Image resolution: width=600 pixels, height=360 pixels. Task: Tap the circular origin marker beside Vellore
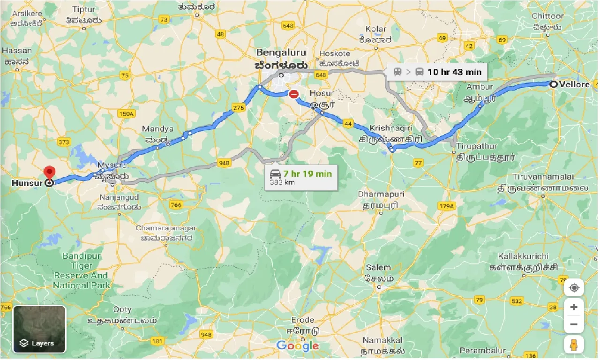(554, 84)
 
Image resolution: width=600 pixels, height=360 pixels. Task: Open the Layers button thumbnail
(39, 329)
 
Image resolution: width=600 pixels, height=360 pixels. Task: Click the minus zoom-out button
(574, 324)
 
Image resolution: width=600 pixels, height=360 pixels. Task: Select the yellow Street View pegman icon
(574, 345)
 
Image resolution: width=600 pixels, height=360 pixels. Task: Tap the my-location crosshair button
(574, 287)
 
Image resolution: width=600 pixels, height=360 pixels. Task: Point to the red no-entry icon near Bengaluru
(294, 94)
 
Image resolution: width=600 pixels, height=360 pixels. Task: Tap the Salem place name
(378, 268)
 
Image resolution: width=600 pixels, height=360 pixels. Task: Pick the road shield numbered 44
(348, 123)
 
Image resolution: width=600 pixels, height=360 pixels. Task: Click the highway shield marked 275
(239, 108)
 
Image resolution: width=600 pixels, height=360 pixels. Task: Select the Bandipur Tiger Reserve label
(82, 270)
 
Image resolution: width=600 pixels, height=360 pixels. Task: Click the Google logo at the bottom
(298, 346)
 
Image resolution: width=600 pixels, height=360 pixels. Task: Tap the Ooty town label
(122, 310)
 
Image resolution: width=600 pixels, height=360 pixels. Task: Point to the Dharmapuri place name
(381, 194)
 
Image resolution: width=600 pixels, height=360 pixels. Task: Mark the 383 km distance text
(282, 182)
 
